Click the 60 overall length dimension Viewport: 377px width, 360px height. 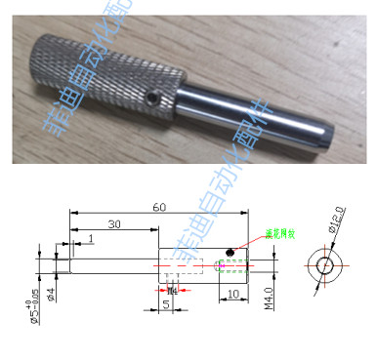[158, 207]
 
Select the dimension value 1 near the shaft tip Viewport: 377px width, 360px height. [90, 239]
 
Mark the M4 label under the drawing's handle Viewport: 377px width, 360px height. [173, 291]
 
